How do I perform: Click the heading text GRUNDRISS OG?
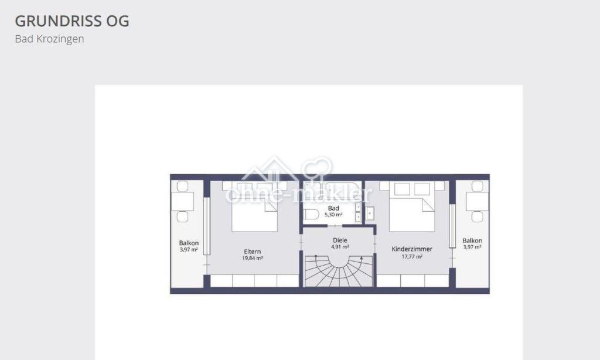72,21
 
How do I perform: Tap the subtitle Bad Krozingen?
49,39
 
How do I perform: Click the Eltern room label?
253,252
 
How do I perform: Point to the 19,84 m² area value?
253,258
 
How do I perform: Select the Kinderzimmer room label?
412,249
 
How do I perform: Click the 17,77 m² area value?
412,257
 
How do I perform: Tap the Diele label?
340,240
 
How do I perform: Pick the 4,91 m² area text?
340,247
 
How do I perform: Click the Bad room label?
333,208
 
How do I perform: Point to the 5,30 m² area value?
333,215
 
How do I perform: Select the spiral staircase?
339,271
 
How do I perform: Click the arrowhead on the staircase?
362,259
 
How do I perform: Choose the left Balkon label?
189,243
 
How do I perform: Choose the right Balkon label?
472,240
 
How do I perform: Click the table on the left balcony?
183,202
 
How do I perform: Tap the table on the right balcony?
477,202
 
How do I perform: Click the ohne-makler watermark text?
299,194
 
